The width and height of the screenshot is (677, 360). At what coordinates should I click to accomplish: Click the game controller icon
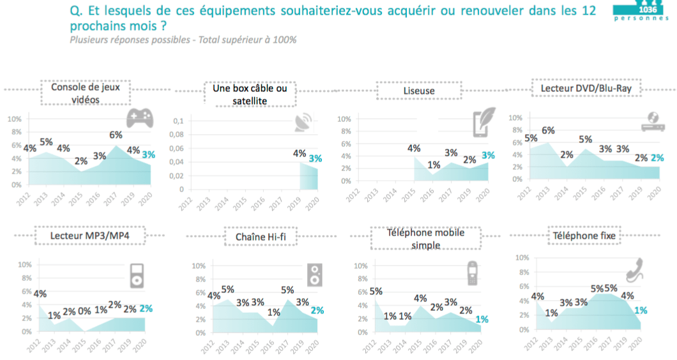[139, 118]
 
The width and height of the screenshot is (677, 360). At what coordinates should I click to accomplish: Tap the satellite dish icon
[304, 123]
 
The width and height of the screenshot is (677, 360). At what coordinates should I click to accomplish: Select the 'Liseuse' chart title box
[419, 91]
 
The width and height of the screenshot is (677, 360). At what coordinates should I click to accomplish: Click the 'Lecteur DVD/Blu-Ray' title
[586, 88]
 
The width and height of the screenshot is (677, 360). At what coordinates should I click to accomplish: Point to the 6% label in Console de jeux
[116, 135]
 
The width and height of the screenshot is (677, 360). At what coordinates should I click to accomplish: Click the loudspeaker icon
[314, 275]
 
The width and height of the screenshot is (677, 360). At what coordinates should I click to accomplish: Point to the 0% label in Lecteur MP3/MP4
[84, 311]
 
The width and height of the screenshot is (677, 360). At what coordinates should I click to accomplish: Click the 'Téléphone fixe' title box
[584, 236]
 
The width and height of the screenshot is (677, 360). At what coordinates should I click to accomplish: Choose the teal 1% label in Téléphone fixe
[641, 310]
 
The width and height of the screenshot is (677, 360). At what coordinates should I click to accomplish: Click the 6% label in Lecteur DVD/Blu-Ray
[549, 130]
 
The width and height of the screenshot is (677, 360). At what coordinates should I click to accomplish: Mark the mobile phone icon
[472, 273]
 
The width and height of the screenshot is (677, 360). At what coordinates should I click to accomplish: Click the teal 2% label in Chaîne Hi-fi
[317, 310]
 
